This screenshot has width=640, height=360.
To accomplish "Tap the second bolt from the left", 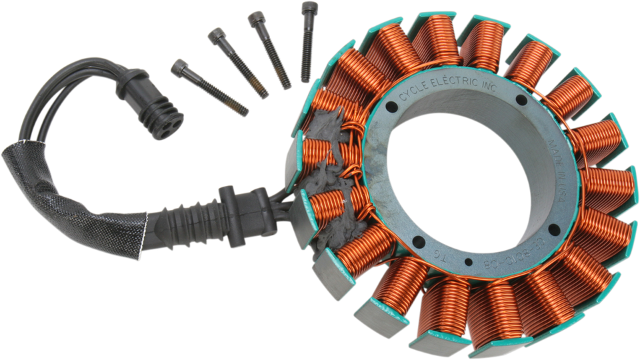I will (x=237, y=63).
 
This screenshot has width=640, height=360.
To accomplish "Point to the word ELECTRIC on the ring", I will (x=453, y=83).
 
